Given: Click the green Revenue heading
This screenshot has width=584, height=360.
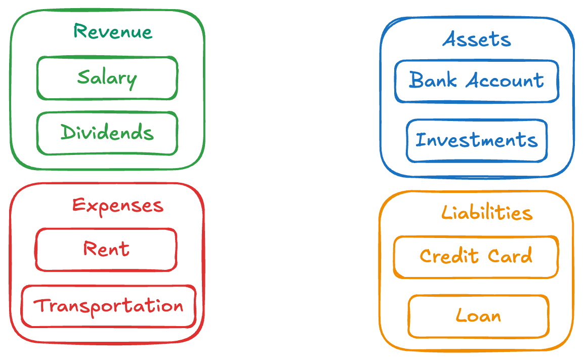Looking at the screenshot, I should click(112, 31).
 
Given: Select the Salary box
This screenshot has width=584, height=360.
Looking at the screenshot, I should click(107, 78).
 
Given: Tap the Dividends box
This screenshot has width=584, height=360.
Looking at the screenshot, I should click(107, 133).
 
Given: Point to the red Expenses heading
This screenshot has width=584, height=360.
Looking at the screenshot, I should click(117, 206).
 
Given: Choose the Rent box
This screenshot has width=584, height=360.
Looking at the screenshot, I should click(106, 249).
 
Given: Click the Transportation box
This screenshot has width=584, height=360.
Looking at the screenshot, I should click(108, 306).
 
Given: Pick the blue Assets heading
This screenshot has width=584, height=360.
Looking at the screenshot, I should click(477, 39).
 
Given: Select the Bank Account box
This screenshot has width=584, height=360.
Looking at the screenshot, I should click(476, 81).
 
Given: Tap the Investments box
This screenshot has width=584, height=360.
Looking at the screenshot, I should click(476, 140).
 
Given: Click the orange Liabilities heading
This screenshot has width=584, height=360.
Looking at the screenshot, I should click(487, 213).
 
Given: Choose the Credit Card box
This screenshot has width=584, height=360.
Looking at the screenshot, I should click(476, 256).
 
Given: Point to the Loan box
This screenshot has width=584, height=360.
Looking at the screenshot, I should click(478, 316).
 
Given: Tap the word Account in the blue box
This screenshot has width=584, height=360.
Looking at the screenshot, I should click(505, 81).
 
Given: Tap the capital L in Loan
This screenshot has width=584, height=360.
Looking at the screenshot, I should click(461, 315).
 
